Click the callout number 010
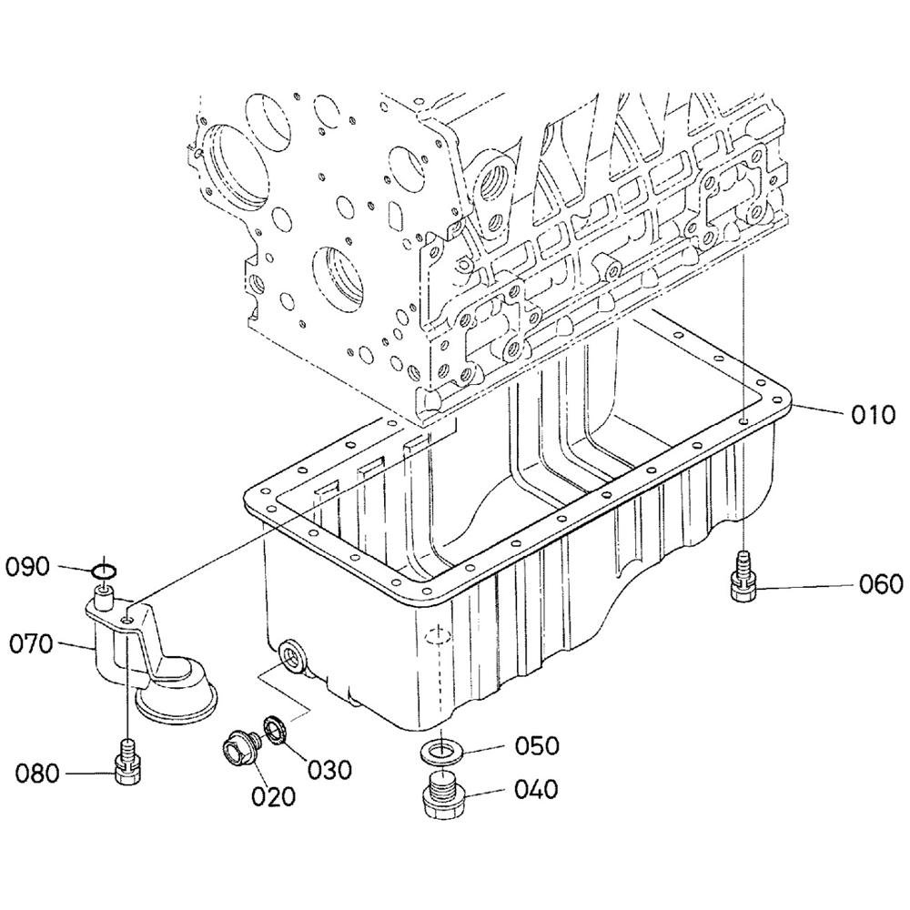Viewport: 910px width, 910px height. [874, 415]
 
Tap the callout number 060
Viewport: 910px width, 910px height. [881, 584]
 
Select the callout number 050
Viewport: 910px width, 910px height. [537, 746]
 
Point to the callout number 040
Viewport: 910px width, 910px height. [536, 789]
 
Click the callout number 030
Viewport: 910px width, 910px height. [329, 770]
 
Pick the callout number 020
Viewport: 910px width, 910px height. [273, 797]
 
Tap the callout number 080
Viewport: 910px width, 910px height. [37, 773]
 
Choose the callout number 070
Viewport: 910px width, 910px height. [31, 643]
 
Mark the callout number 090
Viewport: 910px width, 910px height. [27, 567]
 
